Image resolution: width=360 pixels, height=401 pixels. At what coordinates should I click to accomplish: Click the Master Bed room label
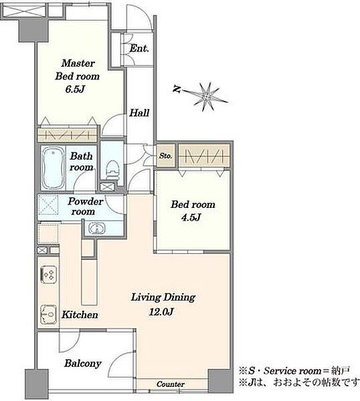[x=78, y=70]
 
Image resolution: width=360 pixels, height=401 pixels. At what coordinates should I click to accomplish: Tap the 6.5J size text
[x=75, y=90]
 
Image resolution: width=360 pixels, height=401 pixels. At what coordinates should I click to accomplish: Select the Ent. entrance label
[x=139, y=48]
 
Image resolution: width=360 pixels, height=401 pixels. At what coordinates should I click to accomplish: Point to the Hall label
[x=139, y=113]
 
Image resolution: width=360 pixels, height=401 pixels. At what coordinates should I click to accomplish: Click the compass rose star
[x=206, y=96]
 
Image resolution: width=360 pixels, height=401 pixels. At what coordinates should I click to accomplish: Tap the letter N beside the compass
[x=177, y=88]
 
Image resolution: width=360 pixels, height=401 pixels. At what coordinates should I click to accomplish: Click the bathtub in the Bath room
[x=53, y=168]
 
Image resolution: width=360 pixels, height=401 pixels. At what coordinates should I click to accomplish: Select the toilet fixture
[x=112, y=170]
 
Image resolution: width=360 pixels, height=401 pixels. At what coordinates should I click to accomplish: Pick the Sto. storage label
[x=165, y=156]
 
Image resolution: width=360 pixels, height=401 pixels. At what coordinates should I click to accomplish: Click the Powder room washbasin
[x=96, y=229]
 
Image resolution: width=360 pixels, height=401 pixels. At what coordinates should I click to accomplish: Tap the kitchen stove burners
[x=49, y=275]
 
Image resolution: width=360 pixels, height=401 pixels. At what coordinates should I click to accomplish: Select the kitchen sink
[x=48, y=314]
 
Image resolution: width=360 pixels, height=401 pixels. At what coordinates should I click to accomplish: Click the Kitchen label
[x=80, y=315]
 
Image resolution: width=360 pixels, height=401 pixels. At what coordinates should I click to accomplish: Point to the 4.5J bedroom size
[x=191, y=217]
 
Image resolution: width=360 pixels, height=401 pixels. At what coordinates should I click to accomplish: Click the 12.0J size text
[x=161, y=311]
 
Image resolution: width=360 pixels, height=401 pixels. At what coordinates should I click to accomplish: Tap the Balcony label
[x=83, y=364]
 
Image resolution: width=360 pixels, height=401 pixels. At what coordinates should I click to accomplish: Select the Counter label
[x=171, y=384]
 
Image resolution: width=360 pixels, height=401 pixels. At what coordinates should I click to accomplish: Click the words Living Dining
[x=163, y=297]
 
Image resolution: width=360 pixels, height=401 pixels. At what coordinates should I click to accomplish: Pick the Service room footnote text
[x=294, y=371]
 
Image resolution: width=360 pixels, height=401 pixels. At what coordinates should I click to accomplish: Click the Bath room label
[x=82, y=161]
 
